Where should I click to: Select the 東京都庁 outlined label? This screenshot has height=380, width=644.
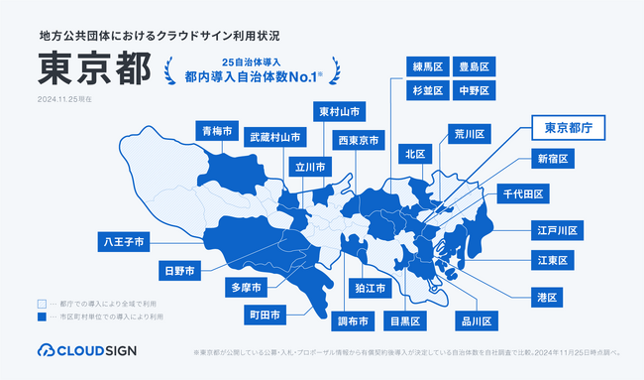[x=569, y=127]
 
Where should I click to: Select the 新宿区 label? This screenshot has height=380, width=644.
[x=554, y=159]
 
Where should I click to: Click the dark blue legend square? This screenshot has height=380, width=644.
[x=41, y=317]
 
